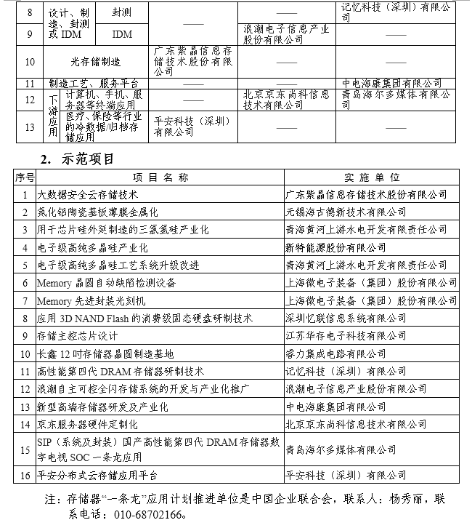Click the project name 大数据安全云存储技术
pos(88,195)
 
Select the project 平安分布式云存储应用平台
pos(97,476)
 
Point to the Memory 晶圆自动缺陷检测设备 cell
pos(107,283)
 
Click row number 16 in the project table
pos(25,476)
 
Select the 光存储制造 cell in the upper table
pos(96,62)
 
